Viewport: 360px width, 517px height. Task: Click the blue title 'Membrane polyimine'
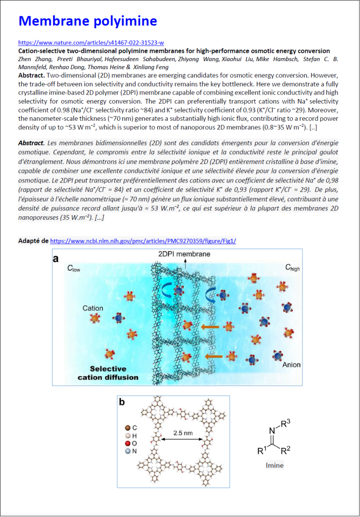87,21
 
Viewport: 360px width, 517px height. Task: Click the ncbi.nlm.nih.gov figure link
143,241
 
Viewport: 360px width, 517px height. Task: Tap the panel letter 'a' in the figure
56,258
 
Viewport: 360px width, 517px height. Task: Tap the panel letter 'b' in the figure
122,402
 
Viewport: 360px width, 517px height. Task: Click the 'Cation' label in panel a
93,308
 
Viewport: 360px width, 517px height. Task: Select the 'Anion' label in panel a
291,364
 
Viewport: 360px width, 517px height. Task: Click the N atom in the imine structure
272,431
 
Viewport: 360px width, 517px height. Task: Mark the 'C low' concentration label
74,269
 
